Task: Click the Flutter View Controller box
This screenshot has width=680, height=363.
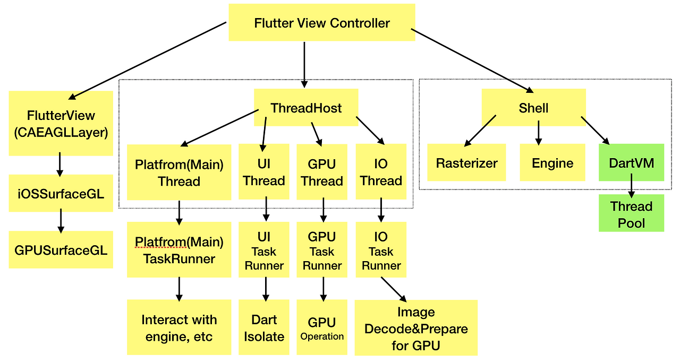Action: [x=322, y=23]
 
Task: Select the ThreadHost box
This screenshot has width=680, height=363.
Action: [x=306, y=108]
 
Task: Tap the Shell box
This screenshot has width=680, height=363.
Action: [x=533, y=108]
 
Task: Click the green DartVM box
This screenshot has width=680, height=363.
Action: [x=632, y=162]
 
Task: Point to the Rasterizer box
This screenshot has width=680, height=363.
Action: [x=466, y=163]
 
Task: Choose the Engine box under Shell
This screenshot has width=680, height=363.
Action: [x=552, y=163]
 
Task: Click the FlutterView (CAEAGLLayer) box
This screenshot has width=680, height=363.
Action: [x=61, y=124]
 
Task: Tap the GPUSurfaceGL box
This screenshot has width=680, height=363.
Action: [x=61, y=249]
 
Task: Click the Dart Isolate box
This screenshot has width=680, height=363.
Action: [x=264, y=327]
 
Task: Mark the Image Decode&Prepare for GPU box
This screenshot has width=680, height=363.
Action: [x=416, y=328]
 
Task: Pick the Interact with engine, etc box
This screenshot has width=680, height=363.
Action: [x=179, y=327]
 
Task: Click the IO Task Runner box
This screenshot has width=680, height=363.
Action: [x=381, y=250]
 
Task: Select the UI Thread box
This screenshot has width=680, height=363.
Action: [x=264, y=172]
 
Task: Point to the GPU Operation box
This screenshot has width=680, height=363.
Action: [x=322, y=327]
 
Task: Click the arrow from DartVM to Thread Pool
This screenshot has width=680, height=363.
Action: [x=631, y=188]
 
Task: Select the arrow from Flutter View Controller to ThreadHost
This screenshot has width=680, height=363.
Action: [x=304, y=64]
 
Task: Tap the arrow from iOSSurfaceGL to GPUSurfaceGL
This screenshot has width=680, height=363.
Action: [x=61, y=220]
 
